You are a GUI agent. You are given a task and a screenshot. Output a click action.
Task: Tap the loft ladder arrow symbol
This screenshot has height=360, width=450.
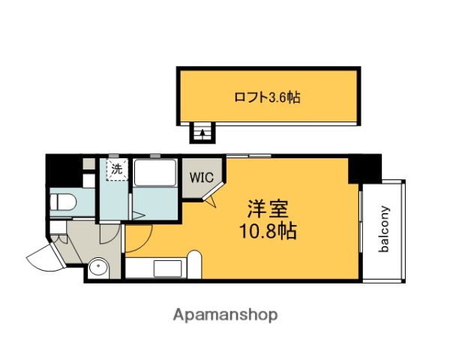click(201, 133)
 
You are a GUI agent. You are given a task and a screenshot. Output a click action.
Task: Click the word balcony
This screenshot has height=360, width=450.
click(384, 229)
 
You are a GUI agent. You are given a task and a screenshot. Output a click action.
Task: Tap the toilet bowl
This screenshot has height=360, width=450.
click(64, 201)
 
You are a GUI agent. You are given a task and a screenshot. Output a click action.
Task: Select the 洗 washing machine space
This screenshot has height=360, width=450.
click(116, 169)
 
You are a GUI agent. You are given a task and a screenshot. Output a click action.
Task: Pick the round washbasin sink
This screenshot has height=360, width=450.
click(96, 268)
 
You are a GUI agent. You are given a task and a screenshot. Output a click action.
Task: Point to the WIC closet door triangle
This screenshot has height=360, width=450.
click(212, 199)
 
